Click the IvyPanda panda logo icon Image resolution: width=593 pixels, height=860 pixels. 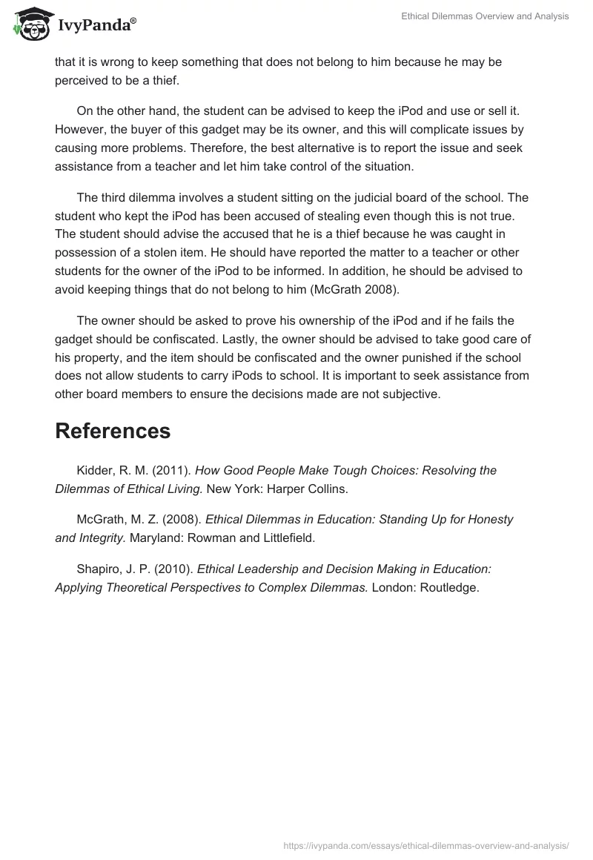(x=28, y=23)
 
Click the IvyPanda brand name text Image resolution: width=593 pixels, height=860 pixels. (x=96, y=25)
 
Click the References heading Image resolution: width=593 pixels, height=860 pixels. (x=113, y=431)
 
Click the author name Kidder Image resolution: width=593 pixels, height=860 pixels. (x=93, y=471)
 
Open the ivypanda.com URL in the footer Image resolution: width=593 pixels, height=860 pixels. (x=426, y=845)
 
